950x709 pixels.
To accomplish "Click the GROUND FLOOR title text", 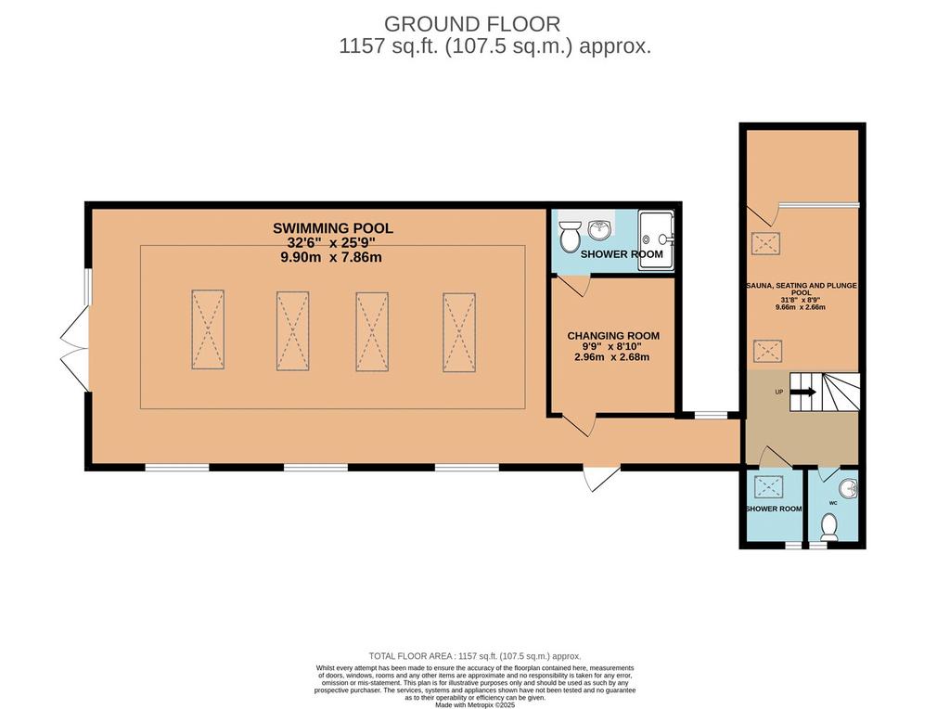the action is tap(472, 24).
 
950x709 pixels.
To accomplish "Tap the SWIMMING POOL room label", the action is tap(333, 228).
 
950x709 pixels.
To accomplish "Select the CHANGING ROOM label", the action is tap(613, 336).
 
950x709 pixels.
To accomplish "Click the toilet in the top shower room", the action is tap(570, 237).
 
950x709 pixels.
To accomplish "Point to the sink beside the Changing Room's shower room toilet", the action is tap(600, 230).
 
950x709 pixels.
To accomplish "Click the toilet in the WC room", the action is tap(828, 527).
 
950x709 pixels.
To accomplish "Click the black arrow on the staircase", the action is tap(802, 393).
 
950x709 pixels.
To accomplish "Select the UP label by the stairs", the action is tap(779, 392).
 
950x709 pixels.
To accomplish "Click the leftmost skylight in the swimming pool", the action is tap(208, 329).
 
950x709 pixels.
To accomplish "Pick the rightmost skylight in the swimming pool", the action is tap(458, 332).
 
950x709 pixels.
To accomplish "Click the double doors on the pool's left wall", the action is tap(74, 348).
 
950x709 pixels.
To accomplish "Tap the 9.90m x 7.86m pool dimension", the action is tap(331, 258).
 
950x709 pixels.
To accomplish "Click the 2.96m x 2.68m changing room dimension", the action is tap(612, 357).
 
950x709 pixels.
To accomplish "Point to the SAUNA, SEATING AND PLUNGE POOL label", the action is tap(802, 289).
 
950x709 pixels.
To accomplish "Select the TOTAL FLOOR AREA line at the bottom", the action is tap(475, 656).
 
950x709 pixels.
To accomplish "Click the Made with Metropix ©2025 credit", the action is tap(475, 705).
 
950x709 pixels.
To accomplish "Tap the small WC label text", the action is tap(832, 503).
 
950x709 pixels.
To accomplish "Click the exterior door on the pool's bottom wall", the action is tap(601, 478).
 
